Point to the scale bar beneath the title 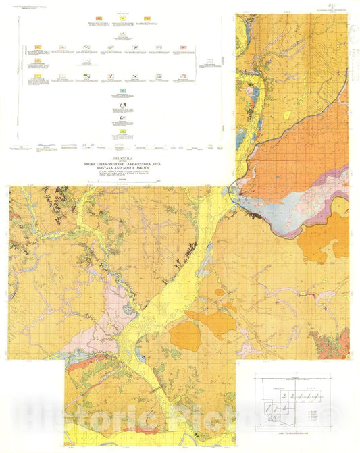point(120,181)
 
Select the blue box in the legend point(122,90)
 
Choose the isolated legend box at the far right point(209,61)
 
